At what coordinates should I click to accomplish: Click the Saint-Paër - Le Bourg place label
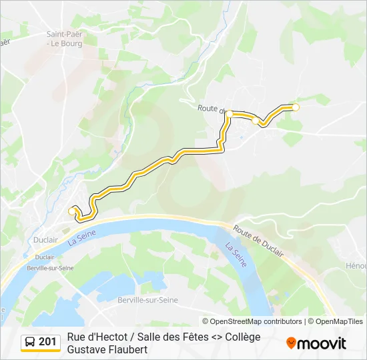click(x=64, y=38)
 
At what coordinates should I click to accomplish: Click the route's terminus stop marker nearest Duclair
click(x=72, y=211)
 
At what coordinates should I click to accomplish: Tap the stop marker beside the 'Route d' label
click(x=230, y=114)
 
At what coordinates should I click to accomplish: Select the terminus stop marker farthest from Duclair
click(x=296, y=107)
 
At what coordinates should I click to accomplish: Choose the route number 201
click(x=47, y=343)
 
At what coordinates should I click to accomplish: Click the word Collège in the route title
click(x=239, y=337)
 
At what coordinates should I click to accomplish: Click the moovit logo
click(x=316, y=343)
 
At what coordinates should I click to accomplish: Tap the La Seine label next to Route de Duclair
click(x=235, y=255)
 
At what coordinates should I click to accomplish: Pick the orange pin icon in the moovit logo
click(x=291, y=343)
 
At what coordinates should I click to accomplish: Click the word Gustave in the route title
click(x=87, y=349)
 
